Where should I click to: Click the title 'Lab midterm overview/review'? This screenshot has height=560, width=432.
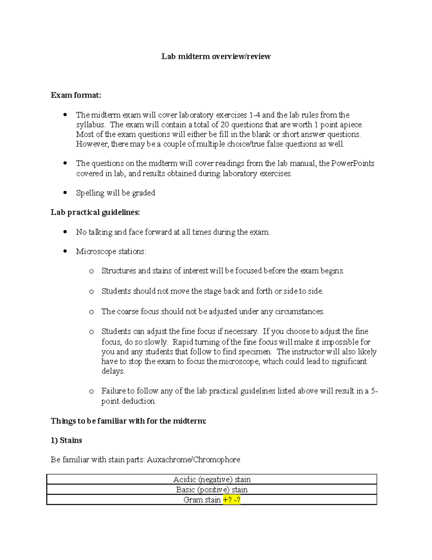(x=216, y=56)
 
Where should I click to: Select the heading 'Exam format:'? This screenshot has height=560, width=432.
(x=76, y=95)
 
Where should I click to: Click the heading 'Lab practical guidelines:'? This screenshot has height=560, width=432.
(x=95, y=212)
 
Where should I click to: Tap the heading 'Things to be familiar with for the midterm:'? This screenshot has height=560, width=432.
(x=128, y=421)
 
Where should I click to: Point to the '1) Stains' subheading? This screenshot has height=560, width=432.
(x=66, y=440)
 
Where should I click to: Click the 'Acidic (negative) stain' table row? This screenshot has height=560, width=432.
(x=212, y=479)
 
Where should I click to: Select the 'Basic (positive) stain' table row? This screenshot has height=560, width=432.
(x=212, y=489)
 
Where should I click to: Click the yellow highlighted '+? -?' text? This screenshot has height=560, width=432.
(x=231, y=500)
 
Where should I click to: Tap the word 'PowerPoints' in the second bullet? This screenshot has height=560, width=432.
(x=352, y=163)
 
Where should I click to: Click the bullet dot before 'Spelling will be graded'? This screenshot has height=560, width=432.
(x=65, y=193)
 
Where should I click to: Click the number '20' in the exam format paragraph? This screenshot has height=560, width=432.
(x=225, y=125)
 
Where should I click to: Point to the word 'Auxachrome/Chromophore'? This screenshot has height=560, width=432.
(x=193, y=460)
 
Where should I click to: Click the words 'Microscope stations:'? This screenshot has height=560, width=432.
(x=111, y=251)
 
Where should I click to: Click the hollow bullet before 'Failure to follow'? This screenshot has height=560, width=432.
(x=91, y=391)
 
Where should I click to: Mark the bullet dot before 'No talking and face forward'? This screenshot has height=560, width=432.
(x=65, y=232)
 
